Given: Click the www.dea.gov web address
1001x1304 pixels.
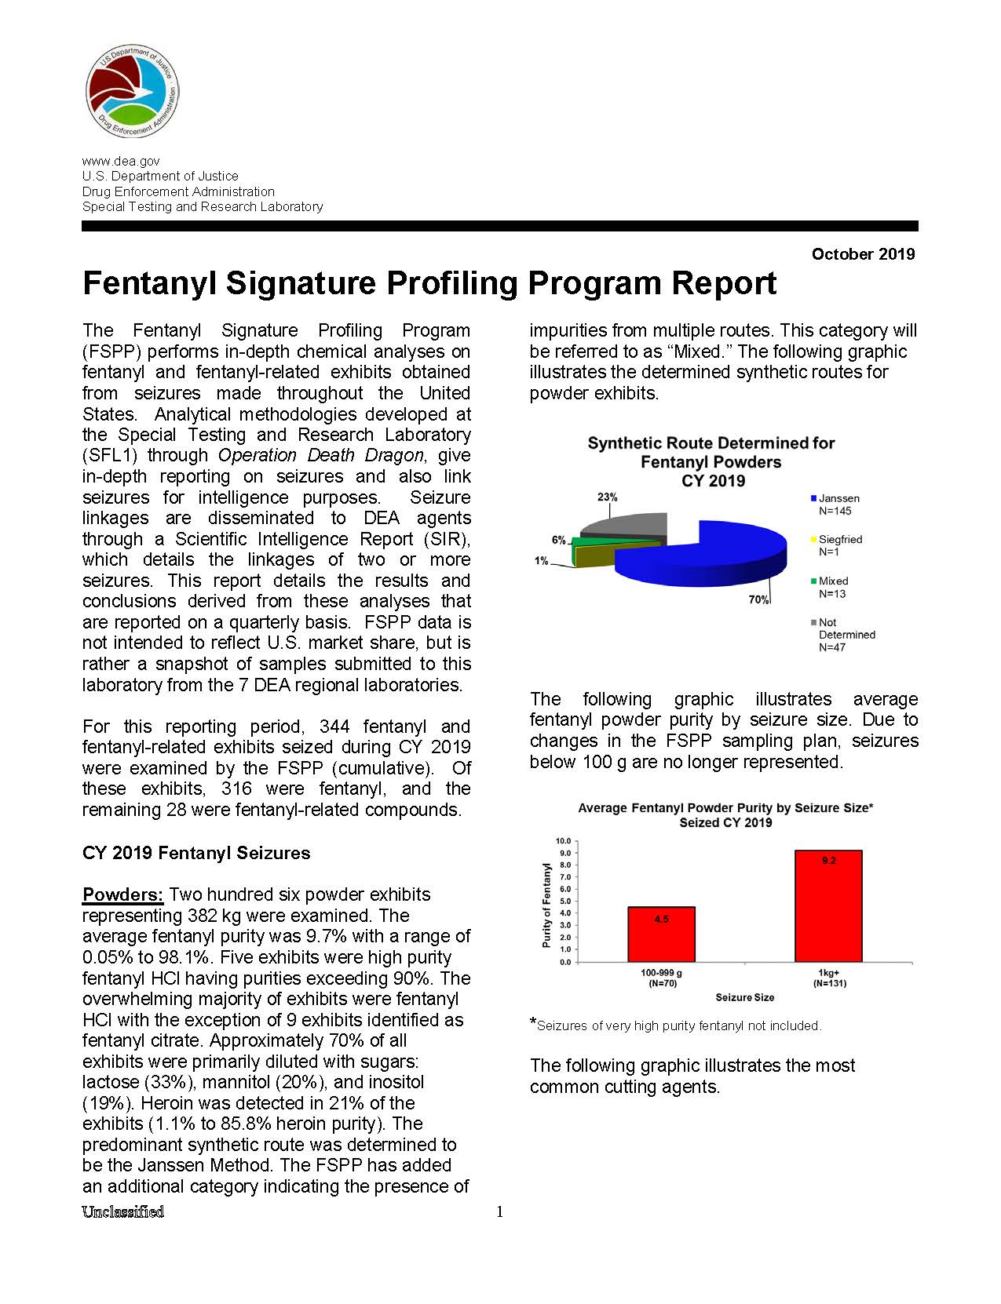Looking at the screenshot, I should [121, 161].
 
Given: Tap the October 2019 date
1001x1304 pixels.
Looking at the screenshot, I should [863, 254].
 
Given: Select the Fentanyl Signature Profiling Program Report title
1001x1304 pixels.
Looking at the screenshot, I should [429, 283].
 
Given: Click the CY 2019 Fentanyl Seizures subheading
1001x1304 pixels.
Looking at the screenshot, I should [196, 853].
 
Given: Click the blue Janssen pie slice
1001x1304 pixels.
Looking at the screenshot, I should [707, 557].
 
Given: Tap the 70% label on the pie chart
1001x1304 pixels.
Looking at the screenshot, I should [758, 599].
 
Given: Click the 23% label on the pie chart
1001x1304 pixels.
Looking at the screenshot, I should [607, 497].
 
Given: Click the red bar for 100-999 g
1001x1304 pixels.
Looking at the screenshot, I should [661, 934].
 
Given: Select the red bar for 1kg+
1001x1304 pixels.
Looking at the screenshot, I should [828, 906].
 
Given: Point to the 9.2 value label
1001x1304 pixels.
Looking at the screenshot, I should [829, 861].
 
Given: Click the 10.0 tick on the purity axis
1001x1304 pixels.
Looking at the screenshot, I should [563, 841].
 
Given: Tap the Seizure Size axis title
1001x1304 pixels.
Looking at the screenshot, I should [744, 997].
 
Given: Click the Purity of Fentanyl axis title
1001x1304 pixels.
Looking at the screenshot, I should [546, 905].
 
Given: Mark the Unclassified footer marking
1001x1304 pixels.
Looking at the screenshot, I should [123, 1211].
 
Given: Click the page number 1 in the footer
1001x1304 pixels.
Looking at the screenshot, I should [500, 1212].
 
